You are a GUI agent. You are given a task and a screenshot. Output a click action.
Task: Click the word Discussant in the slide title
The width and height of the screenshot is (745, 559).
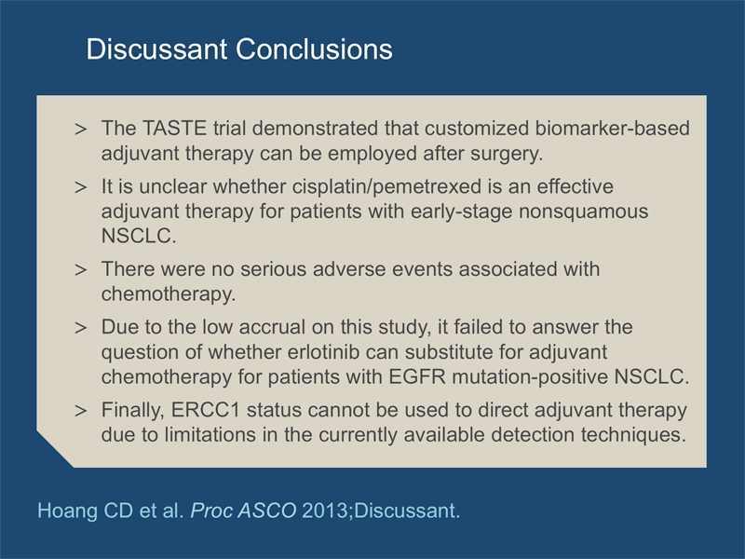point(156,49)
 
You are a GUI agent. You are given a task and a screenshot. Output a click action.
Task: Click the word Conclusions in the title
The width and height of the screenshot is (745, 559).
point(314,49)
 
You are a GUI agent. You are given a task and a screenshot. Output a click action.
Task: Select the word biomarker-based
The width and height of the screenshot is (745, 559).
point(612,129)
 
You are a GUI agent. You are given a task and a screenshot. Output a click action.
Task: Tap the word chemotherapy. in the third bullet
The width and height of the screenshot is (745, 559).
point(169,293)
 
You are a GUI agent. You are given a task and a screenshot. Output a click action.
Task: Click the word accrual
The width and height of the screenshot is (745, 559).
point(272,327)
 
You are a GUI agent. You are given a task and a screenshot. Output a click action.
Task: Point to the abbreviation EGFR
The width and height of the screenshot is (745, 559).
point(417,377)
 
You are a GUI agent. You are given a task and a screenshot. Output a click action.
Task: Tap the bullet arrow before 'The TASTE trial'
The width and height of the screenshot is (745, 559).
point(81,129)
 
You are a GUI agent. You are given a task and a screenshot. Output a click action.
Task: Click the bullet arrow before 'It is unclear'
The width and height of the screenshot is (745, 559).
point(81,187)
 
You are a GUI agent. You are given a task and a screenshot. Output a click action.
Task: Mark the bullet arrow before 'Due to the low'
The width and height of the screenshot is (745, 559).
point(81,328)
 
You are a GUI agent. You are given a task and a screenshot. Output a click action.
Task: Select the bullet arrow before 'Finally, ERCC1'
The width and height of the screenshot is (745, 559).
point(81,410)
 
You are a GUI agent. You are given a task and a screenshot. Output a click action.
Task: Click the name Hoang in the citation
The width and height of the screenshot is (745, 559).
point(67,511)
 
